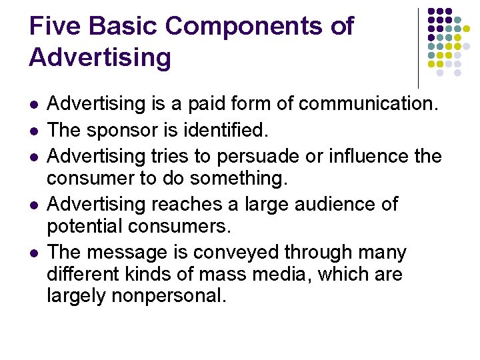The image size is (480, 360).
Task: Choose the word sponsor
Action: click(125, 131)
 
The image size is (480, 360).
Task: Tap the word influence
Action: click(373, 156)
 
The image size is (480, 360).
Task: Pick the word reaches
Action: click(191, 204)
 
